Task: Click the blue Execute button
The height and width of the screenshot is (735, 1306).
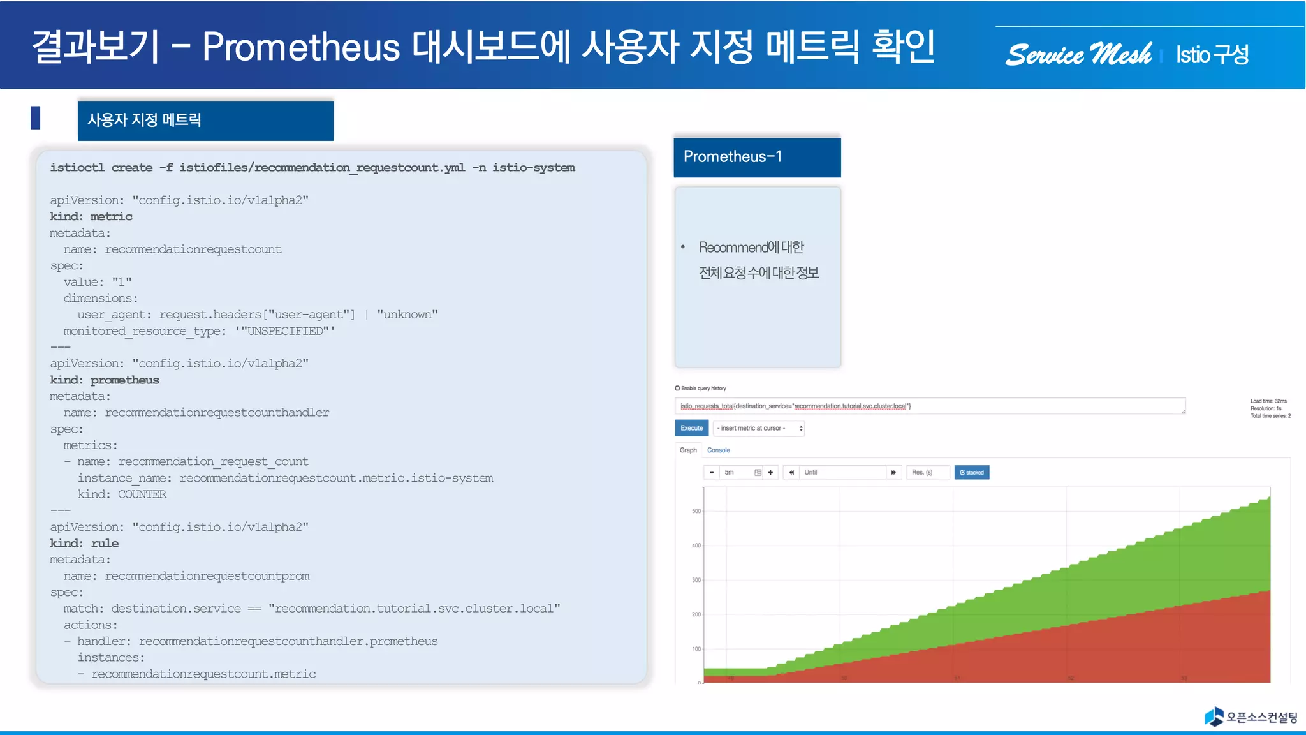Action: pyautogui.click(x=691, y=428)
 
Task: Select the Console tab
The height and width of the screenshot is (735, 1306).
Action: pyautogui.click(x=718, y=450)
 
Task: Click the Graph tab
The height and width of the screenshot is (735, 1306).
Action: pyautogui.click(x=688, y=450)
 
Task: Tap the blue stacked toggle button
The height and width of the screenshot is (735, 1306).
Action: pyautogui.click(x=971, y=473)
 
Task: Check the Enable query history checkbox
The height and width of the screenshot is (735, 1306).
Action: pyautogui.click(x=677, y=388)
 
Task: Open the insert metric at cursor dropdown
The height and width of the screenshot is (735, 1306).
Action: pyautogui.click(x=759, y=428)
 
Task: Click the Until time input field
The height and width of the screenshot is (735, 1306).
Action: pyautogui.click(x=843, y=473)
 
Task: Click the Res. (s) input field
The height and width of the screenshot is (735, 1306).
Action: pyautogui.click(x=927, y=473)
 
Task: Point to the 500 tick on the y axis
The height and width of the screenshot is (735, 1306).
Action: pyautogui.click(x=696, y=511)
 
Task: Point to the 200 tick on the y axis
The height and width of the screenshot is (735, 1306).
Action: pyautogui.click(x=696, y=614)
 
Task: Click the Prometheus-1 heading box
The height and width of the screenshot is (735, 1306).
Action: pyautogui.click(x=757, y=157)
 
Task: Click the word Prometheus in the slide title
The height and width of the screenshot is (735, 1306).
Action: pyautogui.click(x=301, y=47)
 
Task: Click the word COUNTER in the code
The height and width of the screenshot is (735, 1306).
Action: pyautogui.click(x=142, y=494)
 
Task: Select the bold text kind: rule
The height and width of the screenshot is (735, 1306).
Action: pyautogui.click(x=84, y=544)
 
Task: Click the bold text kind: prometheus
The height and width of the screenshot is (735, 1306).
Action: pyautogui.click(x=105, y=380)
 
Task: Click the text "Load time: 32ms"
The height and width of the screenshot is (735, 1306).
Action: pyautogui.click(x=1268, y=401)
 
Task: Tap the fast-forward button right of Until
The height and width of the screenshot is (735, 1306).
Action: pyautogui.click(x=893, y=473)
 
